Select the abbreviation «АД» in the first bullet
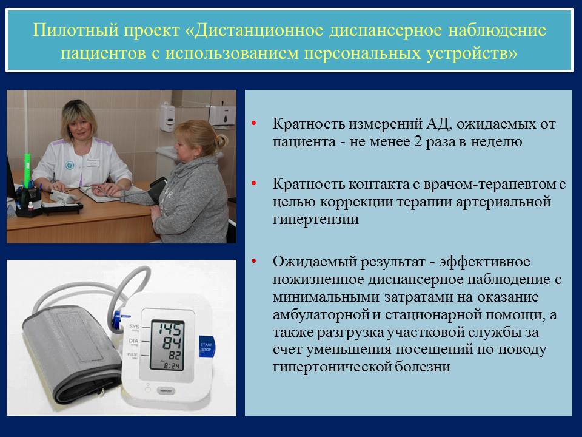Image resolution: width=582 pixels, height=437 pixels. pyautogui.click(x=439, y=124)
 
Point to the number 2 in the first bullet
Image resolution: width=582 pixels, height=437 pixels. pyautogui.click(x=418, y=141)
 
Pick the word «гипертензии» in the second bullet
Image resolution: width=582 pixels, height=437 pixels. pyautogui.click(x=316, y=219)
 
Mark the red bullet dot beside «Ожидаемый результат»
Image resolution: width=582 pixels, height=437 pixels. pyautogui.click(x=254, y=261)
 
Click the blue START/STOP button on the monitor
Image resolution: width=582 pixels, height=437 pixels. pyautogui.click(x=206, y=347)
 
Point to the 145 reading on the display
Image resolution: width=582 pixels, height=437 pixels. pyautogui.click(x=170, y=329)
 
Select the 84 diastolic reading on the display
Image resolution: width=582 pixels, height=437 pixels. pyautogui.click(x=172, y=343)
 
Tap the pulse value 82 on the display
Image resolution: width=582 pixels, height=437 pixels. pyautogui.click(x=175, y=356)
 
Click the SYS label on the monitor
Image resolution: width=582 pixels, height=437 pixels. pyautogui.click(x=134, y=327)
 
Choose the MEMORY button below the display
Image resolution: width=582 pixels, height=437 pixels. pyautogui.click(x=165, y=390)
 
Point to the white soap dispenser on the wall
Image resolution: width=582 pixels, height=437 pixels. pyautogui.click(x=168, y=117)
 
